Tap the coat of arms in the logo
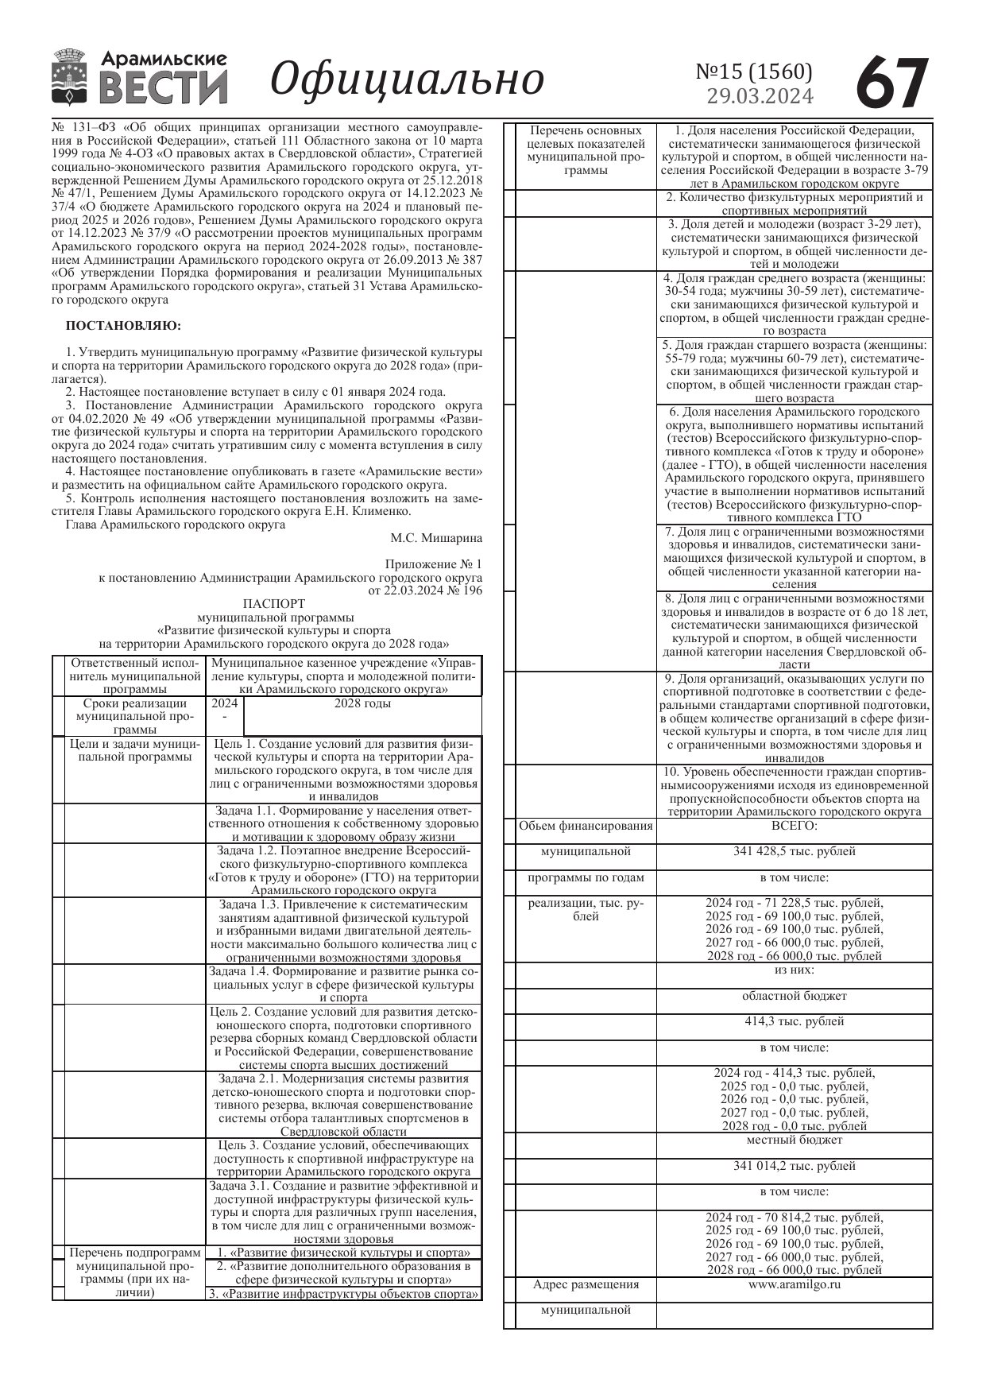(x=70, y=77)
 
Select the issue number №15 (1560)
(x=754, y=72)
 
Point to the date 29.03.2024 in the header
(x=760, y=96)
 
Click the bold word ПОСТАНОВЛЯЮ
(x=123, y=326)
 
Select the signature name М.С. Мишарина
(x=435, y=538)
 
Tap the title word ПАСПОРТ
(x=273, y=604)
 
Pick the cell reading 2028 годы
(x=362, y=703)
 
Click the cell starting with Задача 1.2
(x=343, y=870)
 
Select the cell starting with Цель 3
(x=343, y=1158)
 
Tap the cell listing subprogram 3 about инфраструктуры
(x=343, y=1294)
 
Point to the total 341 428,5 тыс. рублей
(x=794, y=851)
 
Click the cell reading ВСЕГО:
(x=794, y=826)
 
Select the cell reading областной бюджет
(x=794, y=996)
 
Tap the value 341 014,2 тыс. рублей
(x=794, y=1166)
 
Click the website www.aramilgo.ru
(x=794, y=1284)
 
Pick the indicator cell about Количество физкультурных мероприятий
(x=794, y=203)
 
